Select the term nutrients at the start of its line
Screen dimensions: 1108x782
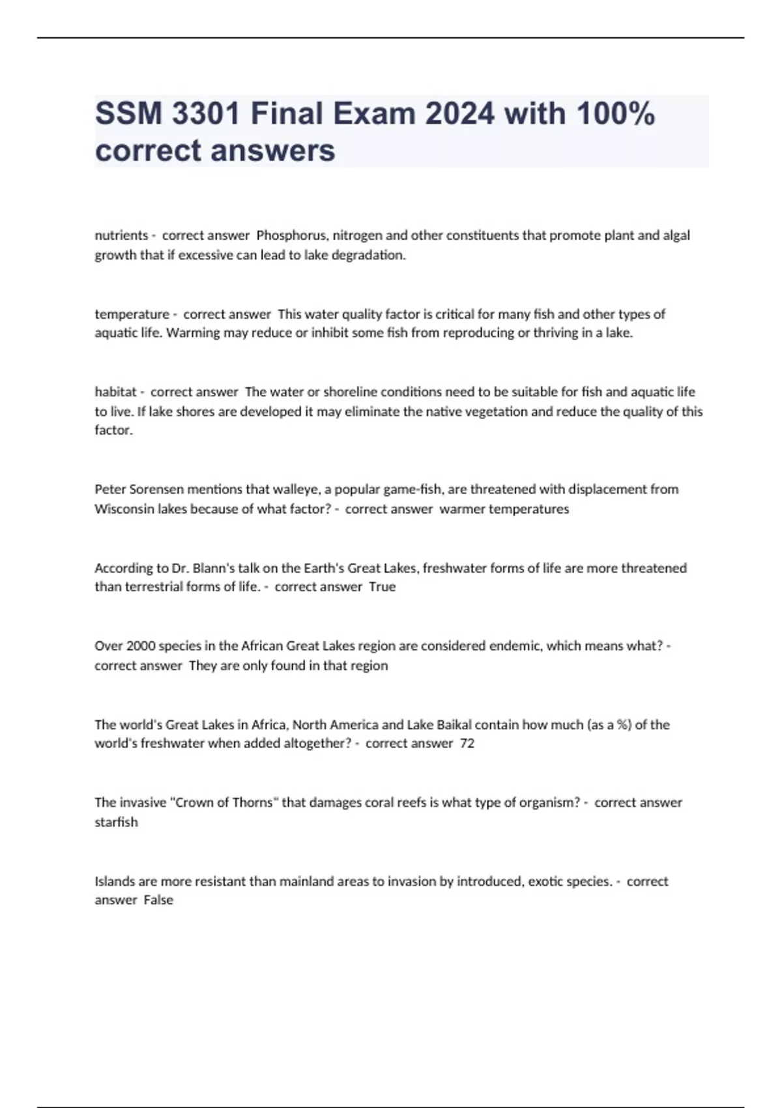121,235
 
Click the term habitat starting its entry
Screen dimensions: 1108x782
115,392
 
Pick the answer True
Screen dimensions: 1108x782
382,587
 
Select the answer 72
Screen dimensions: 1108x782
467,744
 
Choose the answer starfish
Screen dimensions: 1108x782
116,823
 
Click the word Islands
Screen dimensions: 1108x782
115,881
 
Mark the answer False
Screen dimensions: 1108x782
158,900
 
